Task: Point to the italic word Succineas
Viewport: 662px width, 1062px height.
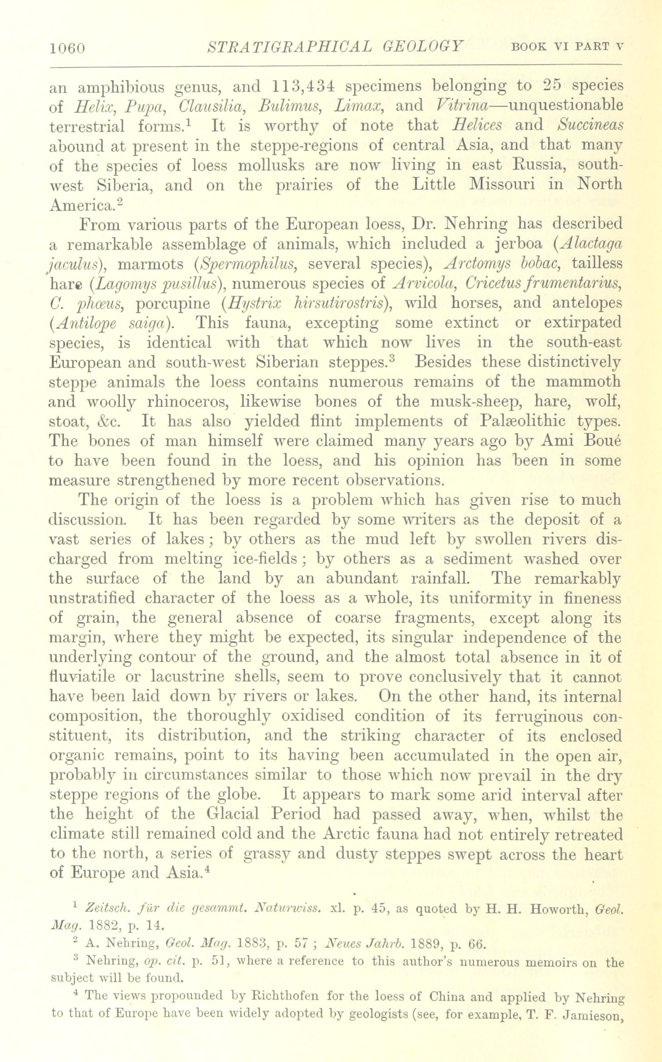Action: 591,125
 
